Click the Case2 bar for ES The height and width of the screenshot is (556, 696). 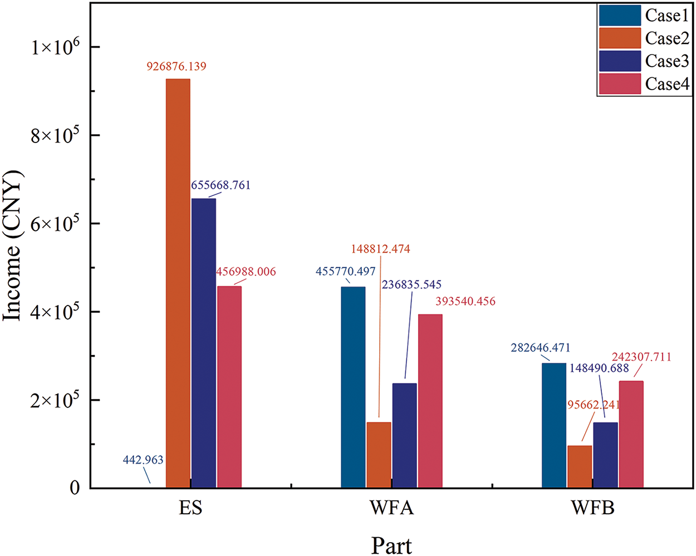[x=178, y=284]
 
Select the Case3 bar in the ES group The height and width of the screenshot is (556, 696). [x=203, y=343]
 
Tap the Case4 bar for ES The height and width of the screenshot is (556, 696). [x=229, y=387]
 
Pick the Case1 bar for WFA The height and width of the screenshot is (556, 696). [x=353, y=387]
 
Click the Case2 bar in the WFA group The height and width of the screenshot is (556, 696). [x=379, y=455]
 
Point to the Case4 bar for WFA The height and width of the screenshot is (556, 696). [x=430, y=401]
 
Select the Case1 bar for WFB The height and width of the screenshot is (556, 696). [x=553, y=426]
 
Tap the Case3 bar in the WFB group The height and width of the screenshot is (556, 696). [x=605, y=455]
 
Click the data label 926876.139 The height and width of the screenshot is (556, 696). [x=177, y=67]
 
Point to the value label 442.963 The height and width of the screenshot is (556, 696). [x=143, y=460]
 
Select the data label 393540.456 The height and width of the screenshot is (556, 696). [x=465, y=302]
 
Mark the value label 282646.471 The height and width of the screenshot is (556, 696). [x=541, y=348]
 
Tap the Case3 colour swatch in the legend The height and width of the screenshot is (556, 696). [x=620, y=61]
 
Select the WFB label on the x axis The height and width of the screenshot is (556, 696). [x=593, y=509]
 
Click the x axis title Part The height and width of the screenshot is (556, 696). [x=392, y=545]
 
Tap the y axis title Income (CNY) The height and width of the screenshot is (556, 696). [x=12, y=246]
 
